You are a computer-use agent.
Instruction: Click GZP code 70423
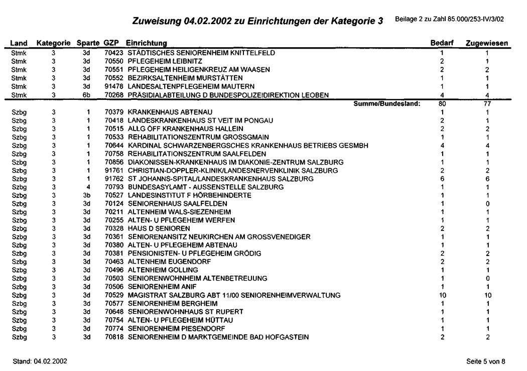pyautogui.click(x=114, y=52)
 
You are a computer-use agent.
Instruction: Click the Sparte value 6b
pyautogui.click(x=86, y=95)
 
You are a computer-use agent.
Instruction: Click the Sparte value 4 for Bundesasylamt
pyautogui.click(x=86, y=187)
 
